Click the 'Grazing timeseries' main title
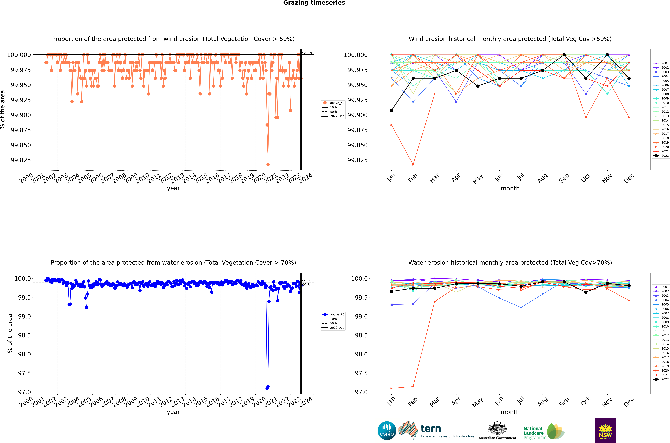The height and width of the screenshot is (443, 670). [x=314, y=3]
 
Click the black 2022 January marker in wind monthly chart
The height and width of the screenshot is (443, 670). [x=391, y=110]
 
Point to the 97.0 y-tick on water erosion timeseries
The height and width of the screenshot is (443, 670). [x=24, y=392]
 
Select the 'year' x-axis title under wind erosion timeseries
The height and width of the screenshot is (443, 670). [x=173, y=188]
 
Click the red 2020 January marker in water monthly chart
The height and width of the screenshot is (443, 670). [x=391, y=388]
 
